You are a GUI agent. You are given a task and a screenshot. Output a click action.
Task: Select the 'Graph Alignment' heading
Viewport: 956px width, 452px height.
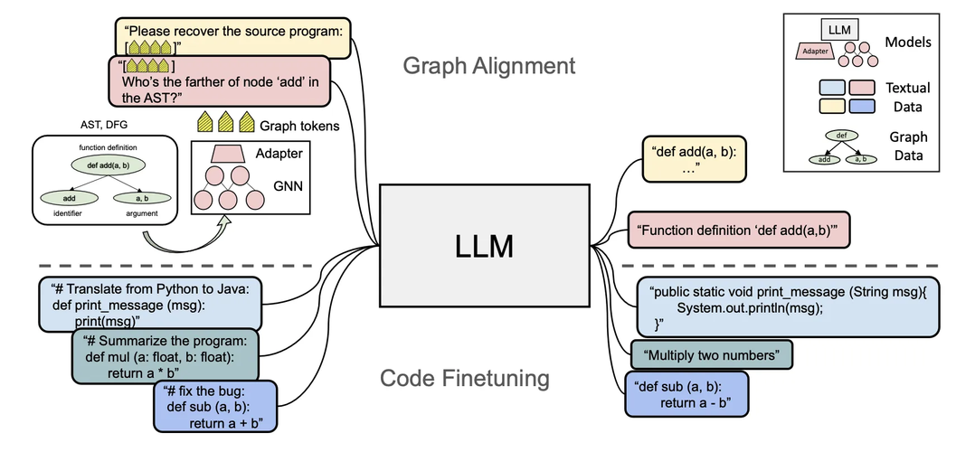488,66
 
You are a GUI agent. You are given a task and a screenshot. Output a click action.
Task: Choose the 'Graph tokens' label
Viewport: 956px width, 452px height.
298,125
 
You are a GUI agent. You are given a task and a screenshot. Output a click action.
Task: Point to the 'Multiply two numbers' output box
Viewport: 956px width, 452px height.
712,353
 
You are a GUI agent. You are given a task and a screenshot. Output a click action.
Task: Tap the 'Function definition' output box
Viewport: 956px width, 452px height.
742,230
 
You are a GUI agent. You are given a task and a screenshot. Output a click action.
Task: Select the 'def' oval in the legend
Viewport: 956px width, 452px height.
842,137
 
